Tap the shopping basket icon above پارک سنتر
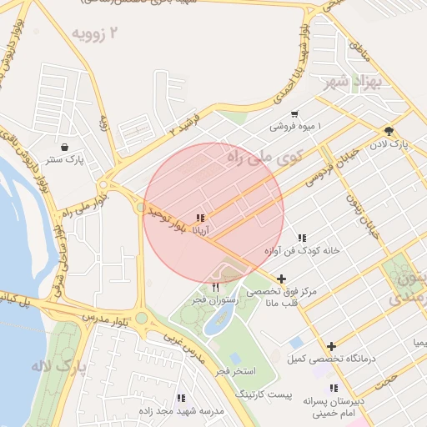tap(64, 147)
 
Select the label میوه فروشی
tap(296, 127)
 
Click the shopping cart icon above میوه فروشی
tap(294, 114)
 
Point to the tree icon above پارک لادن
tap(389, 131)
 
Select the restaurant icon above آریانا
tap(198, 218)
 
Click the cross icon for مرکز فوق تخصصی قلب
tap(281, 279)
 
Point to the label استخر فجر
tap(236, 369)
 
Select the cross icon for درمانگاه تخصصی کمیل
tap(331, 346)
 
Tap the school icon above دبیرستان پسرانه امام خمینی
tap(334, 388)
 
